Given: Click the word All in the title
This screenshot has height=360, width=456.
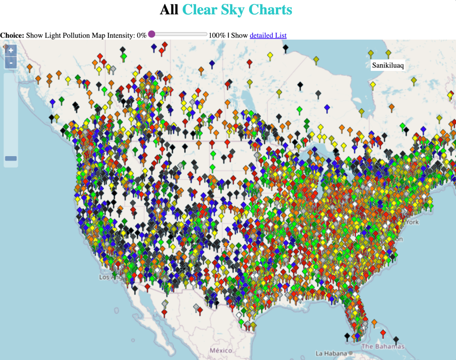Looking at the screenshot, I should pos(169,9).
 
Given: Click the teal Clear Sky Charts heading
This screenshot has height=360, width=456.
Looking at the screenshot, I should pos(237,9).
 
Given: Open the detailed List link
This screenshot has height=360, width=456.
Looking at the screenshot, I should pos(268,35).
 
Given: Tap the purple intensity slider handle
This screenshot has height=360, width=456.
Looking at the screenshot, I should pos(152,34).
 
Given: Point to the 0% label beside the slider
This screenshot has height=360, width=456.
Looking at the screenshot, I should pos(141,35).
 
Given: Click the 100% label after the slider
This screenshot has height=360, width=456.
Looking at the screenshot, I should pos(217,35).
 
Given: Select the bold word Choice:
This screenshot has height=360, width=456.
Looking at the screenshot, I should pos(12,35).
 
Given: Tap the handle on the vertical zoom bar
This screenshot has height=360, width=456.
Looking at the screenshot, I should pos(11,158).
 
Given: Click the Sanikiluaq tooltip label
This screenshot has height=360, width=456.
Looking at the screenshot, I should pos(388,66).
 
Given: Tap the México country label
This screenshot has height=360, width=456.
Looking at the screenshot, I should pos(221,350).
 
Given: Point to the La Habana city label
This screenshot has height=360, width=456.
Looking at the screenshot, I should pos(332,354).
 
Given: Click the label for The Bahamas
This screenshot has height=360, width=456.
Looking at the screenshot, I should pos(382,347).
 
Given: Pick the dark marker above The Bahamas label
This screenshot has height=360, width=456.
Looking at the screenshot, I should pos(395,339).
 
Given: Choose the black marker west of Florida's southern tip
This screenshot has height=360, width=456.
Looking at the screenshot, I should pos(347,335).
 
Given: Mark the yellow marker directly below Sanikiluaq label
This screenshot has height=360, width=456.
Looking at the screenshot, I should pos(373,84).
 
